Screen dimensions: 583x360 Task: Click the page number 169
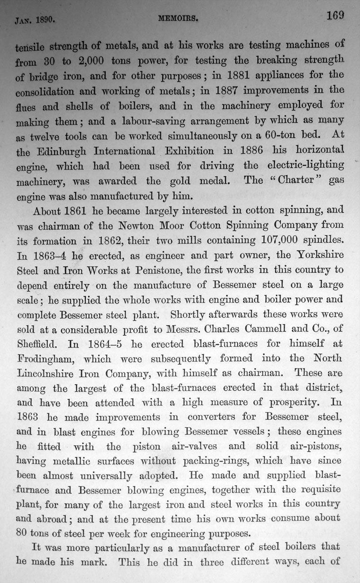point(335,15)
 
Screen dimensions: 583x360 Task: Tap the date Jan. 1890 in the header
point(36,21)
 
